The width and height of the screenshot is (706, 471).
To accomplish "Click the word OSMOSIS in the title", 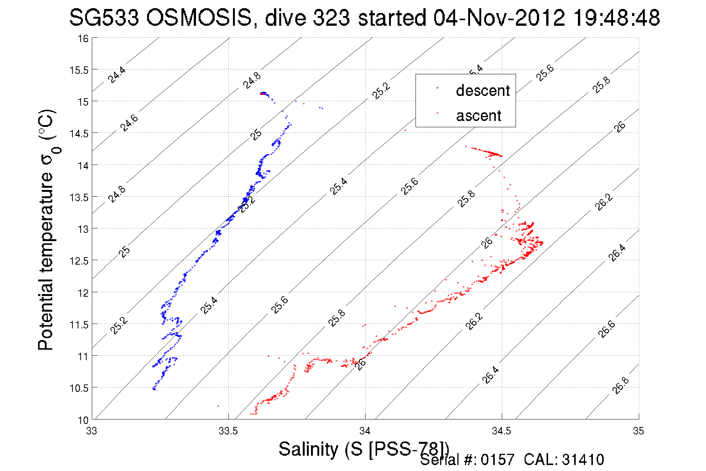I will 199,18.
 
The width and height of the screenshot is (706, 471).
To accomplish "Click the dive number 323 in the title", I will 331,18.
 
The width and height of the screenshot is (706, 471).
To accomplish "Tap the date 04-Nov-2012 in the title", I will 499,18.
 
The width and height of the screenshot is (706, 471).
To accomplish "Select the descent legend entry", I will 482,91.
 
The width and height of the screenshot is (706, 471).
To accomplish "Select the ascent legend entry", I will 478,116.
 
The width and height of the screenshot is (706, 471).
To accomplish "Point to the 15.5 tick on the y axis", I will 79,70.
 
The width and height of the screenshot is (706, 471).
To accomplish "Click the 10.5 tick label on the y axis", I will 79,388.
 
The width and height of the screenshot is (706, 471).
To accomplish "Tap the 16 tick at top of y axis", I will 83,38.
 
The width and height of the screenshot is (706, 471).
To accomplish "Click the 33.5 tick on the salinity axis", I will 228,431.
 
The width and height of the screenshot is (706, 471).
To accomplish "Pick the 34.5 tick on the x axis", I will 501,431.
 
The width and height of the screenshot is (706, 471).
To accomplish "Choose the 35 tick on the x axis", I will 638,431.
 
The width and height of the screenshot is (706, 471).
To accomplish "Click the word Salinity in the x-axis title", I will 308,449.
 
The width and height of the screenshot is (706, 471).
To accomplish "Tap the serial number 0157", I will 497,460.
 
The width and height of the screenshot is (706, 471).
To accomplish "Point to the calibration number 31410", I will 582,460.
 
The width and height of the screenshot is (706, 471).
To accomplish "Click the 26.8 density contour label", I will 621,386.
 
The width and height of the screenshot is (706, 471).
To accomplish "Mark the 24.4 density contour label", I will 116,75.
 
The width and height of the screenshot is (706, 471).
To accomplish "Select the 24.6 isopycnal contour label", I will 129,123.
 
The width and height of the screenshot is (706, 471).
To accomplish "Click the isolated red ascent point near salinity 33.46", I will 218,406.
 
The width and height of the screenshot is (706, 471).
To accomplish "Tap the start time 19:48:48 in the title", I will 616,18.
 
